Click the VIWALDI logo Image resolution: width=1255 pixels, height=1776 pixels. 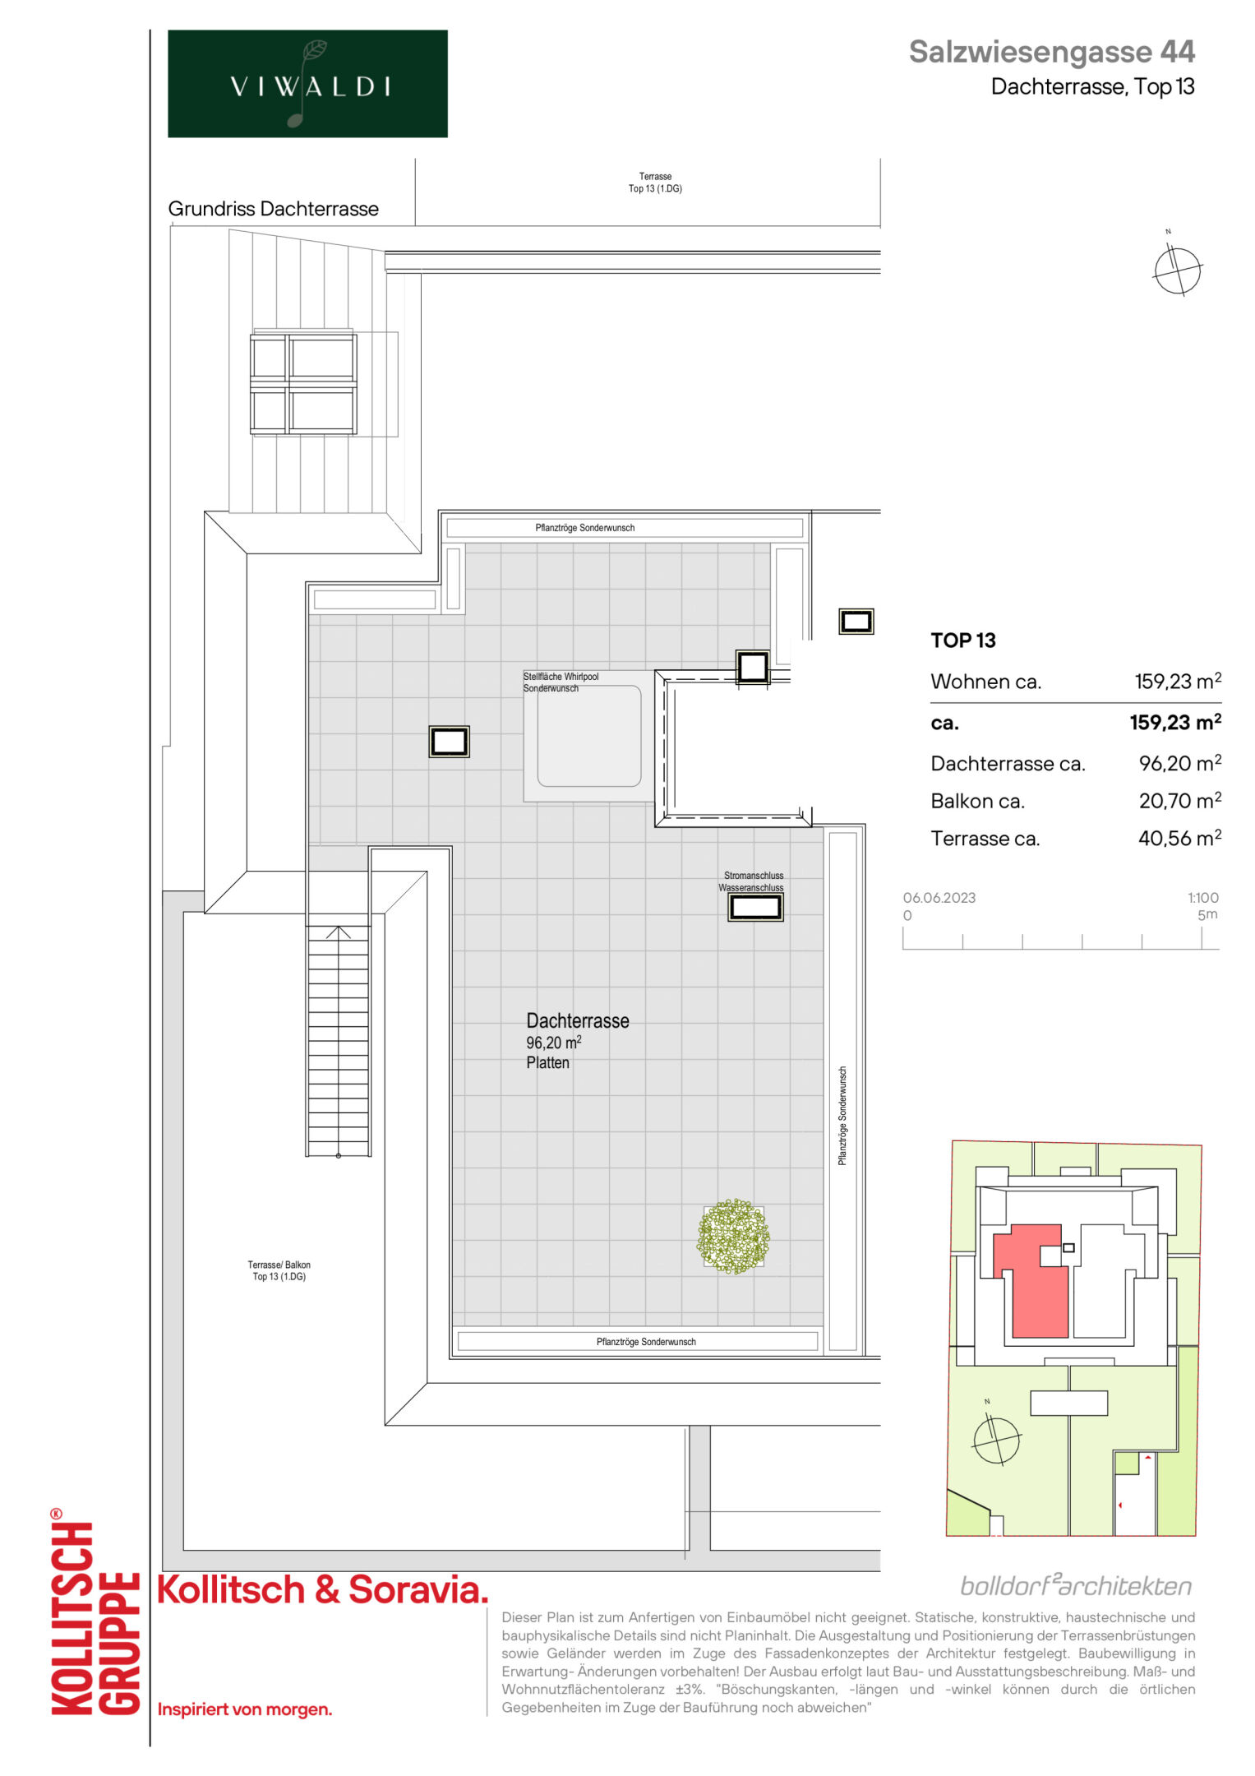[x=307, y=84]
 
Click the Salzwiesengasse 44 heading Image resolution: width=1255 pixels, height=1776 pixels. [x=1051, y=52]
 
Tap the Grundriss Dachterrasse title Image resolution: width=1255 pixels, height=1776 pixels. [x=273, y=209]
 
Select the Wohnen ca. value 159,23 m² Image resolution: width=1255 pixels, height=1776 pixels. [x=1178, y=681]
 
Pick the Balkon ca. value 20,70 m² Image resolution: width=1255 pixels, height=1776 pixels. [x=1179, y=800]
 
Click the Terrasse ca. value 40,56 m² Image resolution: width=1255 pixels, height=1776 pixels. [x=1179, y=838]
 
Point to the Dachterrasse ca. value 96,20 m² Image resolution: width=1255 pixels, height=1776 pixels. [x=1179, y=763]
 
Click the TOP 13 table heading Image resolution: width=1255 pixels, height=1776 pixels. [x=962, y=640]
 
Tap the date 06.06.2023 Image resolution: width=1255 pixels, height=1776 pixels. [x=939, y=898]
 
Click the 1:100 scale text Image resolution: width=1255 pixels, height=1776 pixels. [x=1202, y=898]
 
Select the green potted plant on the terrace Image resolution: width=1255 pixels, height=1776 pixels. [x=733, y=1236]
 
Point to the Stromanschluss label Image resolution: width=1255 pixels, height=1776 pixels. [x=753, y=876]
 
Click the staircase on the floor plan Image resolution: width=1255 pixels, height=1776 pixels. [x=338, y=1040]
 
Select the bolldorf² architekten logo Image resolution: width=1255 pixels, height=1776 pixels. [x=1076, y=1585]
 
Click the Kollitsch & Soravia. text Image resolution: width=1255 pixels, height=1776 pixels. [x=322, y=1589]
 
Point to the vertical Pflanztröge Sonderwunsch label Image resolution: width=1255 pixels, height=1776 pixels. [x=842, y=1116]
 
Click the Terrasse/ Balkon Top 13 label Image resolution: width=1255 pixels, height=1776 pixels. [x=279, y=1270]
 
